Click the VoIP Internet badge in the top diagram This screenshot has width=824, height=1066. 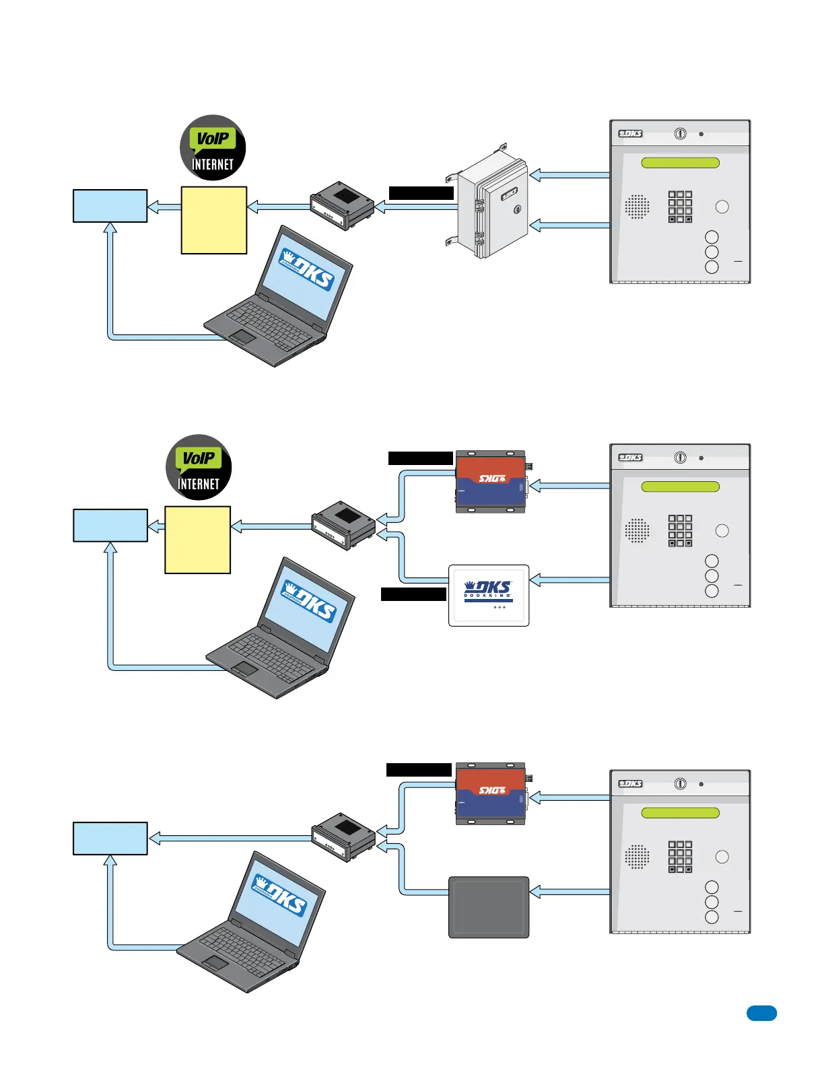[x=213, y=148]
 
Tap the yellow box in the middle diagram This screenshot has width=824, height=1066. [x=198, y=540]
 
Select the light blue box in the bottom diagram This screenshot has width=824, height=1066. [x=110, y=839]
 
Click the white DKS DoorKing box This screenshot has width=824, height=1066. [x=489, y=596]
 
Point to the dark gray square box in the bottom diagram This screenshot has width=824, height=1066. [x=489, y=907]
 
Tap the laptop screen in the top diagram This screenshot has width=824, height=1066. [x=307, y=275]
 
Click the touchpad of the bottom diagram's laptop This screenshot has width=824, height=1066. [x=215, y=963]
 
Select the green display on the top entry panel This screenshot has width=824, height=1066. [x=680, y=163]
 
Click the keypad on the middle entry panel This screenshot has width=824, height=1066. [x=680, y=531]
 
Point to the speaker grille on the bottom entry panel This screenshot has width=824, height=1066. [x=637, y=857]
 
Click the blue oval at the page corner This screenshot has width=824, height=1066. [x=761, y=1014]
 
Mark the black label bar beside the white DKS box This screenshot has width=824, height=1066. [x=413, y=594]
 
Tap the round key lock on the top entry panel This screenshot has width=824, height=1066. [x=681, y=134]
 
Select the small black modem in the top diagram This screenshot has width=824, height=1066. [x=342, y=205]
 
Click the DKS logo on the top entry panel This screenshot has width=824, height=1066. [x=631, y=134]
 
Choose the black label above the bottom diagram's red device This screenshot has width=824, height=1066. [x=419, y=770]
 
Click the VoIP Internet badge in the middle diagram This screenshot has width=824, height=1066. [x=199, y=468]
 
